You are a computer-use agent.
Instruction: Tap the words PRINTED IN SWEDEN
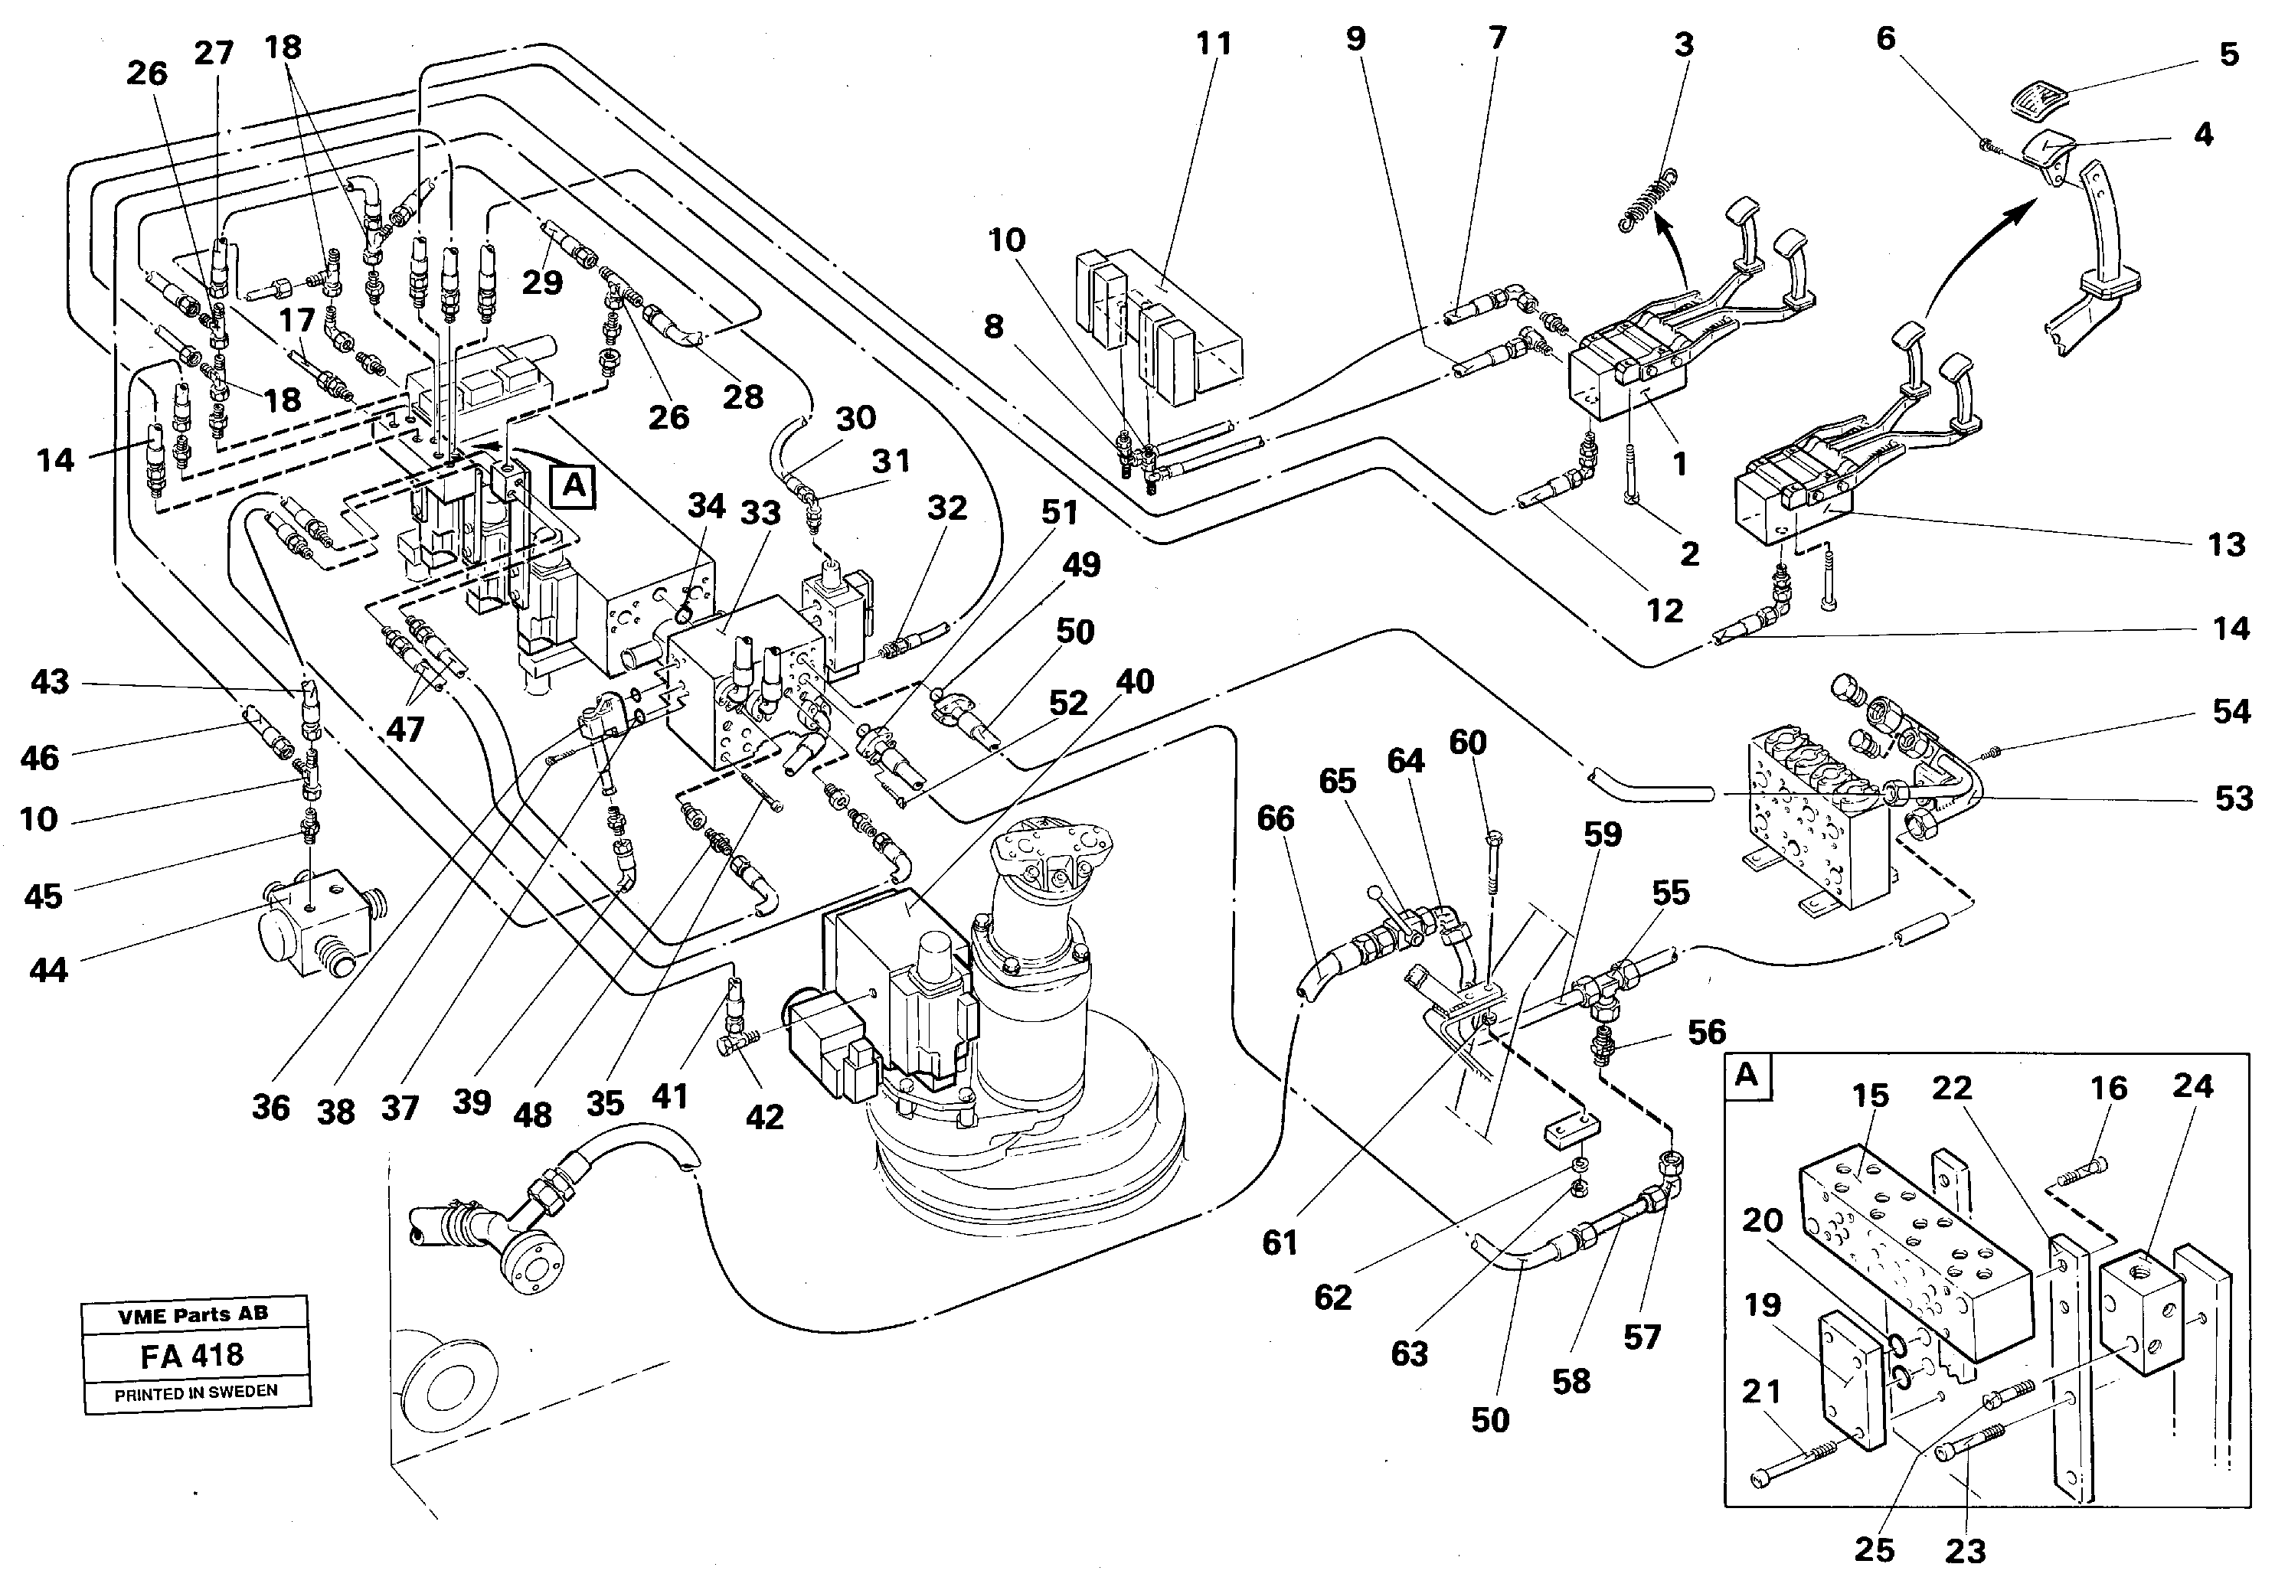pyautogui.click(x=196, y=1393)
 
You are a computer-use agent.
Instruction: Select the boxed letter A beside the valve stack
pyautogui.click(x=574, y=487)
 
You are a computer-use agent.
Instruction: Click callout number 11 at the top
pyautogui.click(x=1214, y=44)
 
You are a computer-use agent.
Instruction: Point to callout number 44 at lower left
pyautogui.click(x=48, y=969)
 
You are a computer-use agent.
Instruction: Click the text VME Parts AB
pyautogui.click(x=193, y=1314)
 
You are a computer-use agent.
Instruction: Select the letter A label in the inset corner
pyautogui.click(x=1747, y=1075)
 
